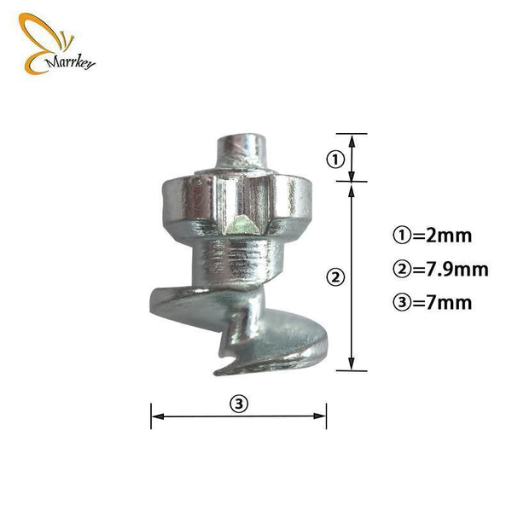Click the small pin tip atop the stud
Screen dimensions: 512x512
[x=239, y=154]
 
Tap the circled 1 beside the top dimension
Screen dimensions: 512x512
[x=335, y=159]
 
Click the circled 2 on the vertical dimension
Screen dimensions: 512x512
[x=335, y=276]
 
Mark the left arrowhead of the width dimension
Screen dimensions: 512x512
[x=155, y=416]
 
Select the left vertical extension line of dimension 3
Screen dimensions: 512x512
[x=151, y=415]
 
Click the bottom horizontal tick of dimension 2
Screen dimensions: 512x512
[x=351, y=370]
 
